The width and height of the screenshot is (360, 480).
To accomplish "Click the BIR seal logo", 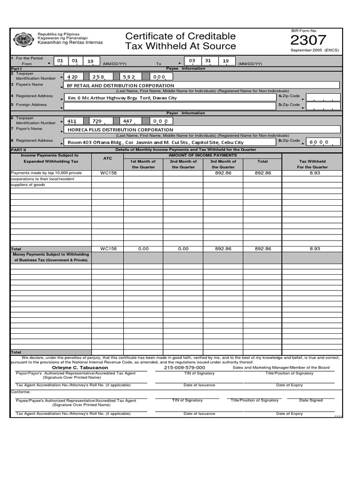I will point(23,40).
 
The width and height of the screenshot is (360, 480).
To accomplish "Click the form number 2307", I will point(308,40).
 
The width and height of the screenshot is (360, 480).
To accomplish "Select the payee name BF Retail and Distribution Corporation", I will point(120,86).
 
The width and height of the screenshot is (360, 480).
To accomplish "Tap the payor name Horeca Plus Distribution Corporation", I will point(120,130).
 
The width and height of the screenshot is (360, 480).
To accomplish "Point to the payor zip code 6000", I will point(319,142).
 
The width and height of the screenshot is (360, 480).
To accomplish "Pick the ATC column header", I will point(107,158).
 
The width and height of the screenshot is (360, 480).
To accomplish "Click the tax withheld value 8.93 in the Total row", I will point(315,249).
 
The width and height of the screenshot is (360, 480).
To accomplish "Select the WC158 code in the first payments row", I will point(108,173).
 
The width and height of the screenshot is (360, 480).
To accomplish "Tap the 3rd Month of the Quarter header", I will point(224,164).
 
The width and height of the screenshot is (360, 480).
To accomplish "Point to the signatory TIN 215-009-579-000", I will point(185,368).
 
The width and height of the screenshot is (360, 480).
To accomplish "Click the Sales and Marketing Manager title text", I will point(281,368).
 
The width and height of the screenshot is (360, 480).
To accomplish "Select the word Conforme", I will point(21,392).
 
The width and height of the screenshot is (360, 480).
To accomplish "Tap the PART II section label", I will point(18,150).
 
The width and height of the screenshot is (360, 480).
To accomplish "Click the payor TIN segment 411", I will point(72,121).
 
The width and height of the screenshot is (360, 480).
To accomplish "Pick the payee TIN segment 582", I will point(129,76).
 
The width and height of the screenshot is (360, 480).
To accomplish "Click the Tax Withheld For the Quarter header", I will point(313,164).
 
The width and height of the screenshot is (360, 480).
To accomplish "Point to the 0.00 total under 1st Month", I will point(143,249).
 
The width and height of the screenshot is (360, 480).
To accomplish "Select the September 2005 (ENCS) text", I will point(315,50).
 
